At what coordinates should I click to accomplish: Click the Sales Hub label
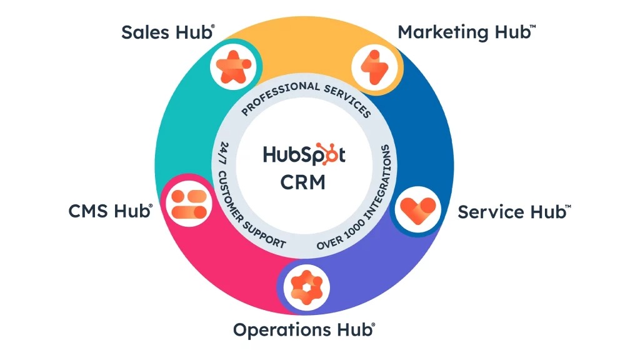pyautogui.click(x=167, y=32)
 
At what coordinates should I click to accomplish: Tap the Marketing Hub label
pyautogui.click(x=466, y=32)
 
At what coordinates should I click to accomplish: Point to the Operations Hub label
pyautogui.click(x=304, y=329)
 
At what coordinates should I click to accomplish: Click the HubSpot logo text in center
pyautogui.click(x=304, y=154)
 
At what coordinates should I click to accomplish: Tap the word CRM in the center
pyautogui.click(x=303, y=182)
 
